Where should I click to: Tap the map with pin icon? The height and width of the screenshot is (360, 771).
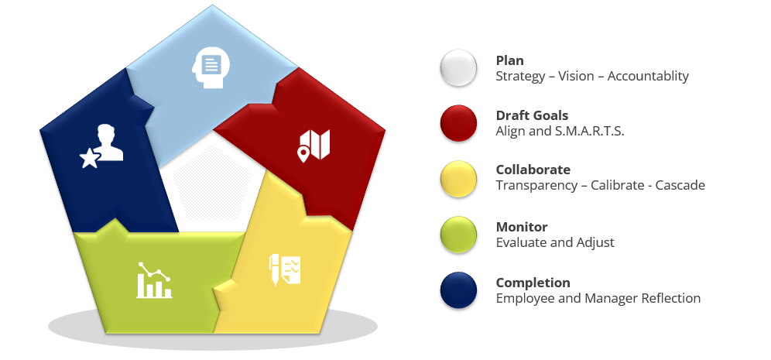point(314,145)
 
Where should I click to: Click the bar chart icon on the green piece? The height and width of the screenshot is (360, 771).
point(154,280)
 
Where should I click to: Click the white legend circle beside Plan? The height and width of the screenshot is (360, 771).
point(458,68)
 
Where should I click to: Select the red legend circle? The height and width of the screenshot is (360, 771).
point(458,124)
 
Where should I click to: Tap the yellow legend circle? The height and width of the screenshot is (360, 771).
point(458,178)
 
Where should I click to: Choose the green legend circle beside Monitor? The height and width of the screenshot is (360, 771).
point(458,235)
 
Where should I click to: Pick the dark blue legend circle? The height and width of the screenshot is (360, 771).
point(458,290)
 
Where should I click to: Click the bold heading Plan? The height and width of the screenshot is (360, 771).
point(509,60)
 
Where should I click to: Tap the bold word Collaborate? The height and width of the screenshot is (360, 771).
point(533,170)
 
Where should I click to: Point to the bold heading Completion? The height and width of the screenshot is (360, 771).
point(533,283)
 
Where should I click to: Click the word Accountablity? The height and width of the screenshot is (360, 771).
point(648,77)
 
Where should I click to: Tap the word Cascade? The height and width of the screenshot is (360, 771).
point(679,185)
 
